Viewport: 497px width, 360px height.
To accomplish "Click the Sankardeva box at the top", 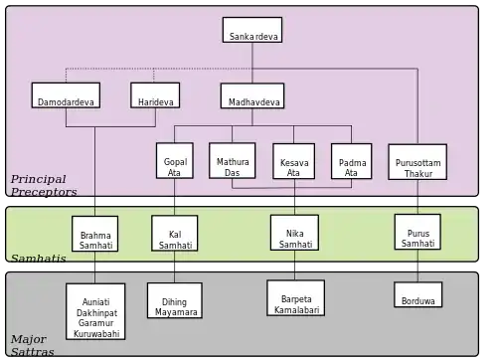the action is coord(252,30).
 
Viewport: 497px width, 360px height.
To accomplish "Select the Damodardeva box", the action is coord(66,95).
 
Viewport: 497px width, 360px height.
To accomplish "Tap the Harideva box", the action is coord(155,95).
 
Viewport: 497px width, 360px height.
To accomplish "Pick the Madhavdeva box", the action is coord(252,95).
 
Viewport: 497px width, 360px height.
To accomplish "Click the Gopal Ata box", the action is coord(175,161).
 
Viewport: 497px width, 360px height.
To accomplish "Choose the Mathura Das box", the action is coord(233,161).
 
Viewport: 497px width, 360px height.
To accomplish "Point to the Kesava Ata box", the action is coord(293,161).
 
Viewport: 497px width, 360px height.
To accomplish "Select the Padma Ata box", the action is coord(352,161).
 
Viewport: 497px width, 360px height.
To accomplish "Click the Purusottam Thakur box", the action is coord(417,162).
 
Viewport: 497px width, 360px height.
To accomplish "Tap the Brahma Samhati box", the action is coord(95,234).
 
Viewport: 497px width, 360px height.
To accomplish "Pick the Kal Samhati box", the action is coord(175,233).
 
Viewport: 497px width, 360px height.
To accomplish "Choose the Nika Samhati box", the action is coord(294,233).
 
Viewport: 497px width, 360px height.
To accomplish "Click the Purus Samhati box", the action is coord(417,232).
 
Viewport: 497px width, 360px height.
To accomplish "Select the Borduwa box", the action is coord(418,294).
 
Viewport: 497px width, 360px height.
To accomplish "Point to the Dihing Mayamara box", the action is coord(175,300).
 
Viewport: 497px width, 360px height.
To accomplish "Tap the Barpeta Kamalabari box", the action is coord(296,298).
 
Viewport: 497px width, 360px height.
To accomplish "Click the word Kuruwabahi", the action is coord(96,333).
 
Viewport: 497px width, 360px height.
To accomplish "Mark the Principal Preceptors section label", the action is coord(44,185).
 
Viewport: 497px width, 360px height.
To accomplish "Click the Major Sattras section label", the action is coord(32,345).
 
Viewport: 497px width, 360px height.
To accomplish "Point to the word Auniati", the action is coord(95,302).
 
